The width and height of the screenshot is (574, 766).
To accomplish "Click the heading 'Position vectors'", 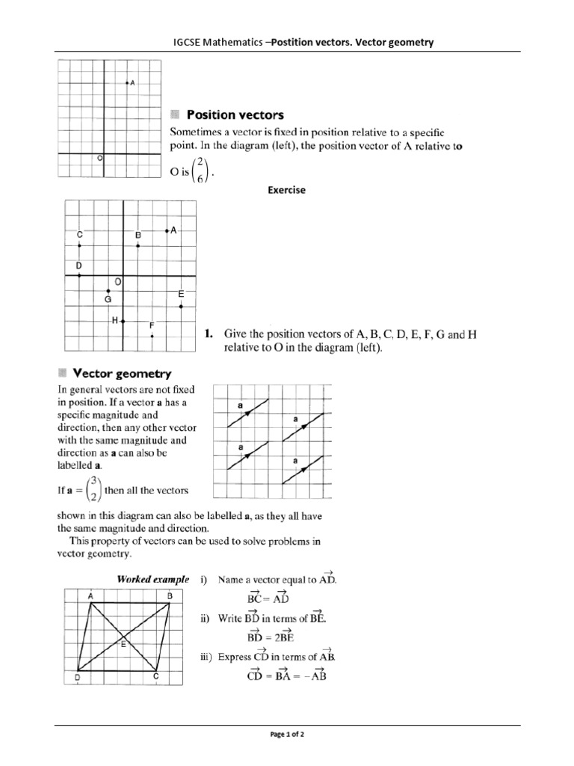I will (x=235, y=115).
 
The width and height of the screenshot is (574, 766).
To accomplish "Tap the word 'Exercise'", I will (x=287, y=191).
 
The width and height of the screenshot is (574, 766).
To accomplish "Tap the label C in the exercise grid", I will (x=79, y=236).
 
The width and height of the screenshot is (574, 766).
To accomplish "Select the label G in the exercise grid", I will (x=108, y=299).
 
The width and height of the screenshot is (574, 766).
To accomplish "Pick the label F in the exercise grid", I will (x=152, y=326).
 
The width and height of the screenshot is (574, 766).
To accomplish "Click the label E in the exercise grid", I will (x=181, y=296).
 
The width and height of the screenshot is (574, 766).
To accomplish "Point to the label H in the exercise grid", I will (x=115, y=320).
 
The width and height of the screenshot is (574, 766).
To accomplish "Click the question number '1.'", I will (x=210, y=334).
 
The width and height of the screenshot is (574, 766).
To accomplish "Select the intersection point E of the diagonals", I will (x=124, y=638).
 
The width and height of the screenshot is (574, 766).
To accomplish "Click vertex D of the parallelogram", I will (x=76, y=677).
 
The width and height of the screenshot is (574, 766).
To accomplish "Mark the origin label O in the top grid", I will (x=100, y=159).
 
